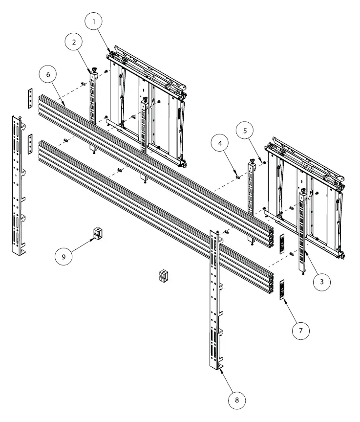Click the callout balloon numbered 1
(94, 22)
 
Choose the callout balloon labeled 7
(300, 331)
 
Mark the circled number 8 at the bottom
(237, 400)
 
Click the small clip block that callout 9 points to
(98, 234)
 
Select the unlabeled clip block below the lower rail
(164, 276)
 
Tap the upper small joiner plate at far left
(29, 99)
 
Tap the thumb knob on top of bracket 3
(304, 191)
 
